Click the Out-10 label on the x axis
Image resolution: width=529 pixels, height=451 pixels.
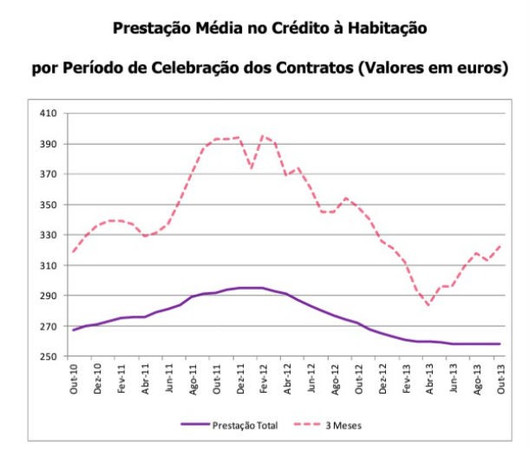coord(75,378)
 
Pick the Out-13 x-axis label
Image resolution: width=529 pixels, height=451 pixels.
coord(500,378)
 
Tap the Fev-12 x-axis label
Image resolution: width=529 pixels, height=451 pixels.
coord(264,378)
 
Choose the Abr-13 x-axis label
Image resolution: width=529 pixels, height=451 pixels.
coord(428,378)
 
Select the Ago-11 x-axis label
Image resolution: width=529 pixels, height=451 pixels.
coord(193,378)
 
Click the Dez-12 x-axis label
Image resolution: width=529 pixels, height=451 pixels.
coord(382,378)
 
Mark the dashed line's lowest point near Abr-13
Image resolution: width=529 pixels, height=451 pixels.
coord(428,304)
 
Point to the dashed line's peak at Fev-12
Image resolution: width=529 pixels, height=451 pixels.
coord(264,135)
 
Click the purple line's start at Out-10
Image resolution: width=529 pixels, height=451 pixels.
coord(75,330)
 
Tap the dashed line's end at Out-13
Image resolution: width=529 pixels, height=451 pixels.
coord(500,245)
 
